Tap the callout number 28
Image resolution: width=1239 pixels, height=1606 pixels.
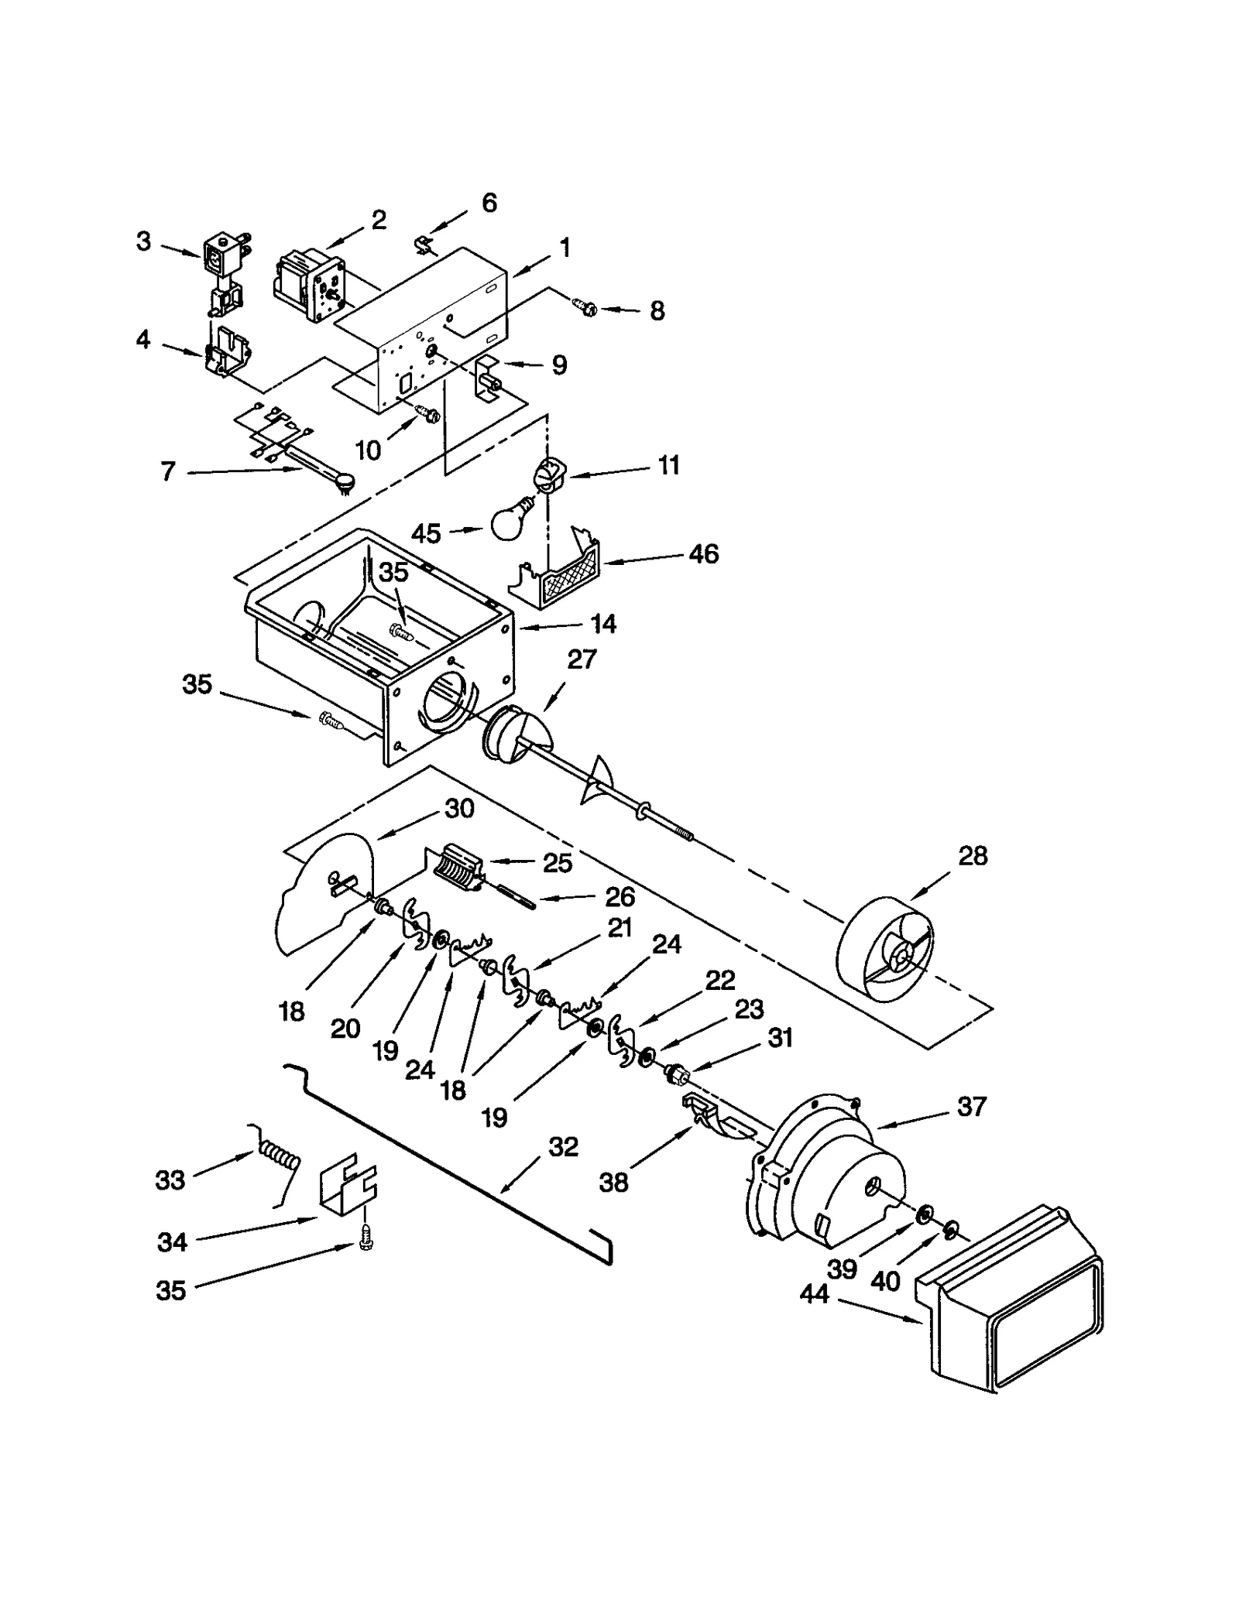point(973,856)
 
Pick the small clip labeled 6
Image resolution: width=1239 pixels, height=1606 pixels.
point(421,245)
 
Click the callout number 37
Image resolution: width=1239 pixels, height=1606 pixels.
point(971,1106)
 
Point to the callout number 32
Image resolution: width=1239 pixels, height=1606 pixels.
point(563,1146)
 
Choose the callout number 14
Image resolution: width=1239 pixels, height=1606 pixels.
point(603,624)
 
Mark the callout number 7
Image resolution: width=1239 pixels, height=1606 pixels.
point(168,471)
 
